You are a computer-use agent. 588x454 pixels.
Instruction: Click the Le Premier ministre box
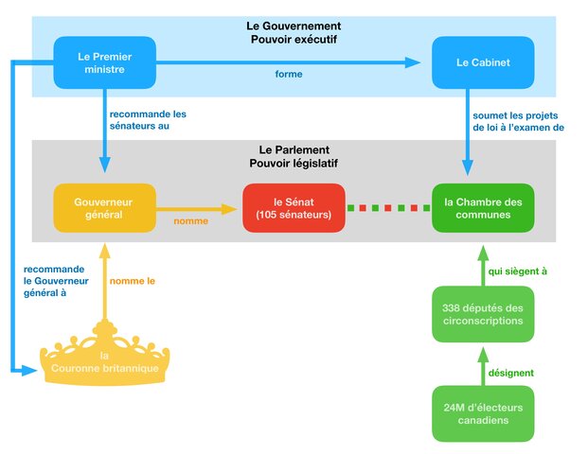pos(104,62)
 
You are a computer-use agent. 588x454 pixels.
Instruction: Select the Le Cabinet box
pos(482,62)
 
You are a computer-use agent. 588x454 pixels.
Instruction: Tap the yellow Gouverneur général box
pos(104,208)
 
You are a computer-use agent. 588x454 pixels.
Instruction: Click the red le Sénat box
pos(293,208)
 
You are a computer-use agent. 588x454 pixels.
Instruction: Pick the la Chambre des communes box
pos(482,208)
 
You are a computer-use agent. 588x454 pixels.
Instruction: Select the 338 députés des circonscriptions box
pos(482,315)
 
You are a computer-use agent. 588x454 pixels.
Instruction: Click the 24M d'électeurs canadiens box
pos(482,414)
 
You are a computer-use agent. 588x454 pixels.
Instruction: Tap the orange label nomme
pos(190,223)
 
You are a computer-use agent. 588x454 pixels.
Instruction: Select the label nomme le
pos(133,281)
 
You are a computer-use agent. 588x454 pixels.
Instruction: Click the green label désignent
pos(510,373)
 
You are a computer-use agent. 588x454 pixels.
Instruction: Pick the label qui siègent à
pos(517,271)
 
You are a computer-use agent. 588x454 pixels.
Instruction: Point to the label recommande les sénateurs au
pos(148,120)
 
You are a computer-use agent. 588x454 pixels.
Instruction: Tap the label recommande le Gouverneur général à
pos(54,281)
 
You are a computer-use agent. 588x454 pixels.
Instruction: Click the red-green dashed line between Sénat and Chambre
pos(388,208)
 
